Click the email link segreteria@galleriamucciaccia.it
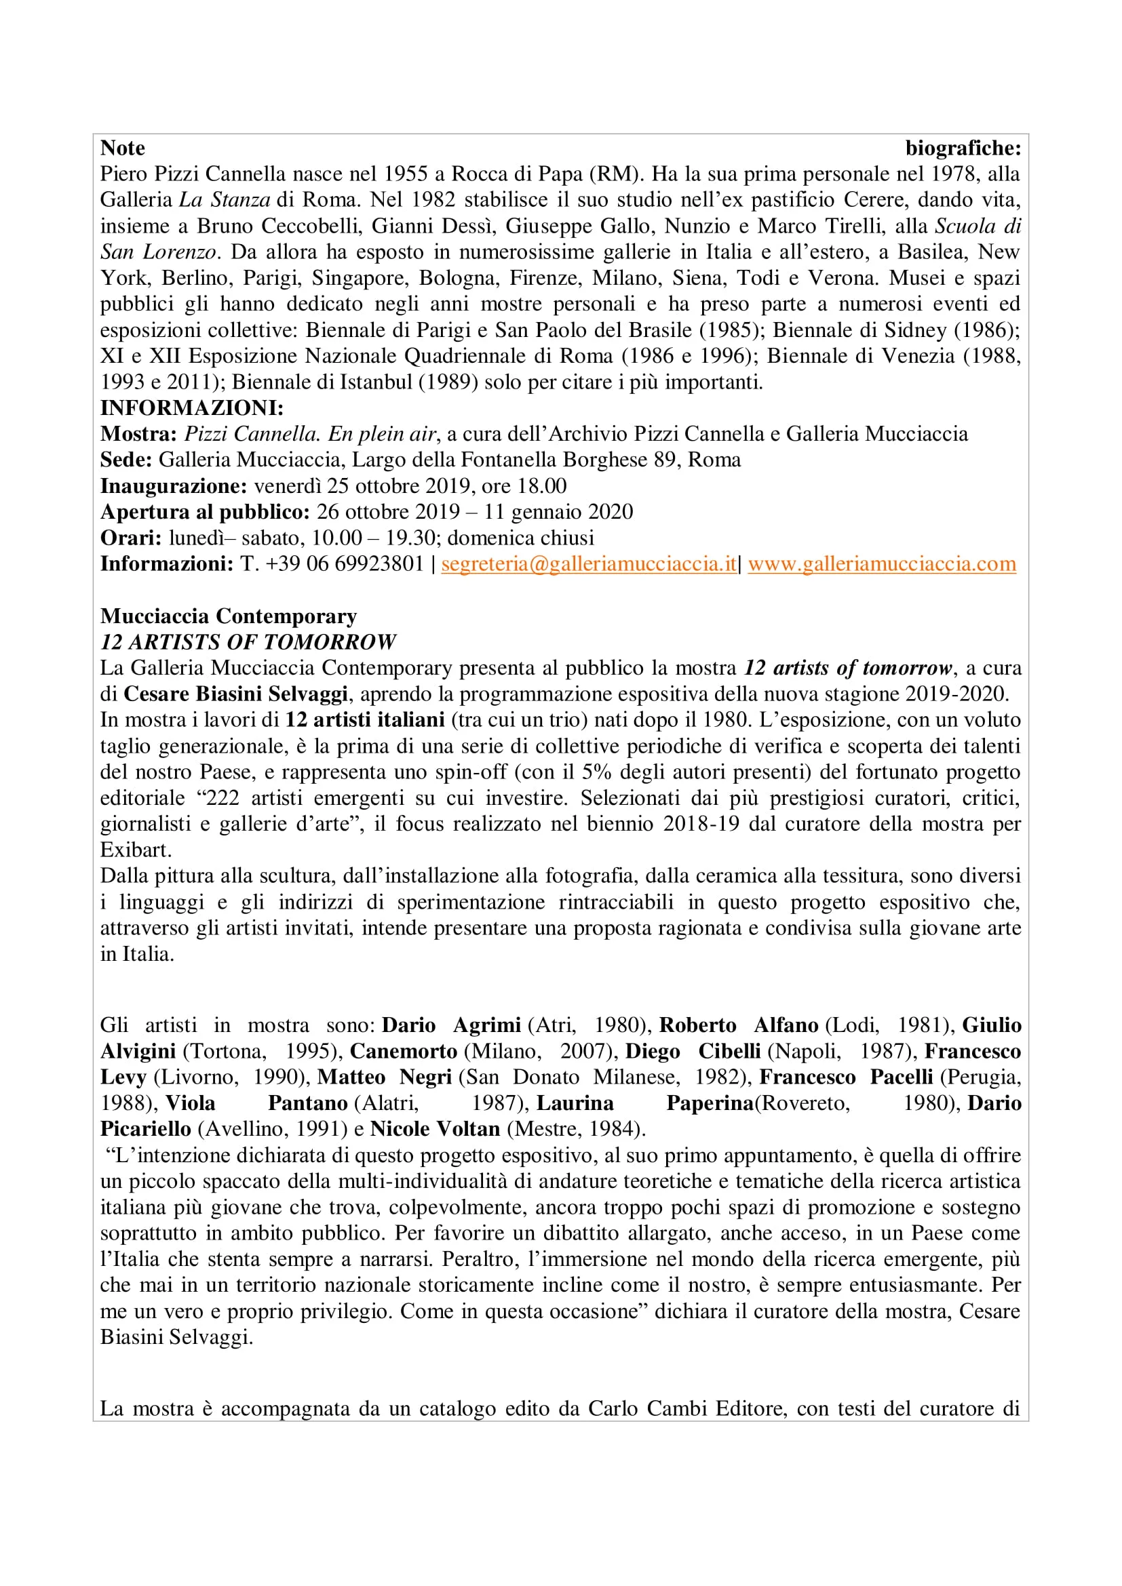click(x=589, y=564)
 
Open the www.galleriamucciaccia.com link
click(x=882, y=564)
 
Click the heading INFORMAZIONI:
click(x=191, y=408)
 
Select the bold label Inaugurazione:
click(x=174, y=486)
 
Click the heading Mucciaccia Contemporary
click(x=228, y=616)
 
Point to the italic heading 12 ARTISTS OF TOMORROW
click(x=248, y=642)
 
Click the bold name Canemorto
click(x=404, y=1052)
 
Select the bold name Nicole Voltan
click(x=435, y=1130)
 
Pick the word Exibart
click(x=135, y=850)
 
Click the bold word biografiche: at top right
click(x=963, y=148)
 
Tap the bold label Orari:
click(x=130, y=538)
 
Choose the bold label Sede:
click(x=125, y=460)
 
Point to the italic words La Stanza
click(x=225, y=200)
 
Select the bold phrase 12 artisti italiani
click(x=364, y=721)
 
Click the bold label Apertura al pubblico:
click(x=204, y=513)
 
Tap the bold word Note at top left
click(x=122, y=148)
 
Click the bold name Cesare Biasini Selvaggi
click(x=235, y=694)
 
